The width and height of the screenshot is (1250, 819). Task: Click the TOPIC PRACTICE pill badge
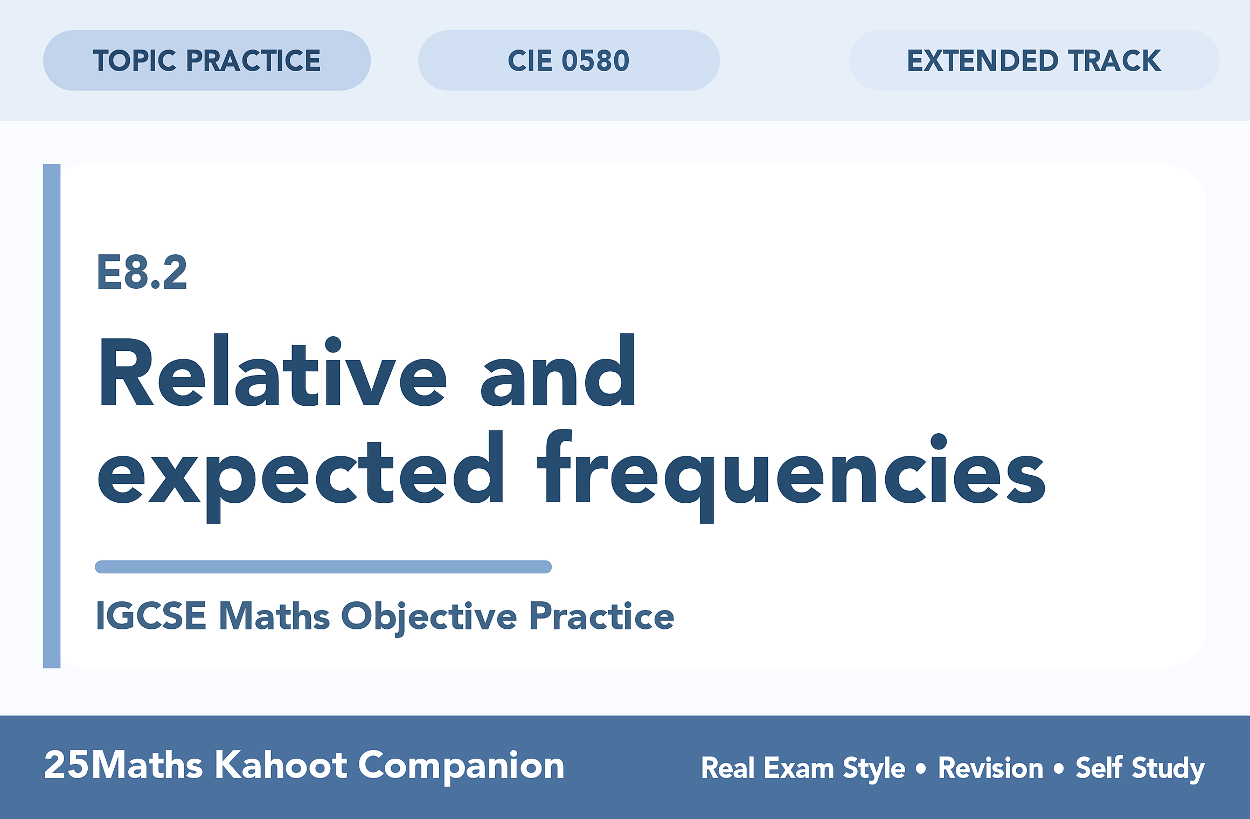click(x=207, y=60)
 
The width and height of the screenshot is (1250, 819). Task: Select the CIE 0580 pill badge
click(x=569, y=60)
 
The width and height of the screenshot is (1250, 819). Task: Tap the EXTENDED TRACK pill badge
click(x=1034, y=60)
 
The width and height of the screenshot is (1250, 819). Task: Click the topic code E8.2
click(x=142, y=273)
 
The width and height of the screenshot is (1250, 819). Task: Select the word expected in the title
click(x=301, y=474)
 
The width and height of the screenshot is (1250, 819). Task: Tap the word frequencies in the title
click(x=795, y=474)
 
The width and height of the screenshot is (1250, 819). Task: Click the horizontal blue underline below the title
click(x=323, y=567)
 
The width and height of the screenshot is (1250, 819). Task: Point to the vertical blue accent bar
click(x=52, y=416)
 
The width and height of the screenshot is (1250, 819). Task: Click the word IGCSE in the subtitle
click(x=151, y=616)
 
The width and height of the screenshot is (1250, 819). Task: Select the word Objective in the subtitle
click(x=429, y=617)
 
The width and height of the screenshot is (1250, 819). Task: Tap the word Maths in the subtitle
click(x=275, y=616)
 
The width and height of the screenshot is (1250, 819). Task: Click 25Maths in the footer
click(x=123, y=766)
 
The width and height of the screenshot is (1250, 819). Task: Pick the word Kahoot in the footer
click(x=281, y=766)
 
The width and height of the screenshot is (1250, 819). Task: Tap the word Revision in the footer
click(x=991, y=768)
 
